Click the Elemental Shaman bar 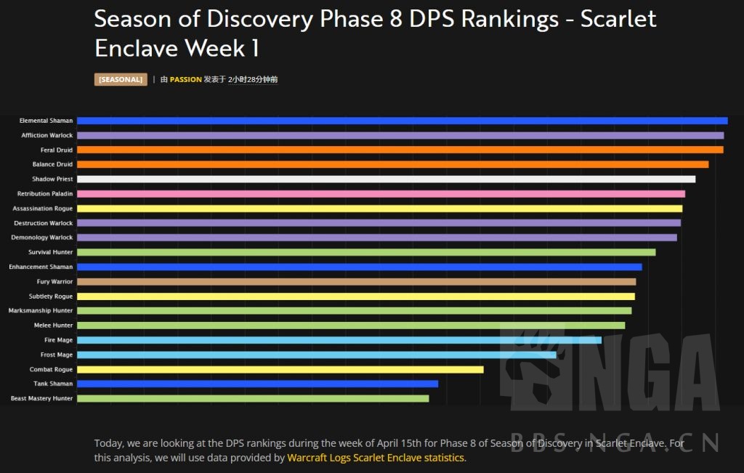click(x=402, y=121)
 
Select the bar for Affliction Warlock click(x=400, y=135)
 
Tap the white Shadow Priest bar click(x=386, y=179)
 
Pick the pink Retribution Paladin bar click(x=381, y=194)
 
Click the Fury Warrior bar click(x=356, y=281)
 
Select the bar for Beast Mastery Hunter click(x=253, y=398)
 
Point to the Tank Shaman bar click(x=257, y=384)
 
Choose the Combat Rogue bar click(x=280, y=369)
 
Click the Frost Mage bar click(x=316, y=355)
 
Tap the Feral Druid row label click(x=56, y=150)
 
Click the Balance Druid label click(x=52, y=164)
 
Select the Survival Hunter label click(x=50, y=252)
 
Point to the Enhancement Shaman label click(x=41, y=267)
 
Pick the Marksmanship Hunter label click(x=41, y=310)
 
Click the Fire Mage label click(x=58, y=340)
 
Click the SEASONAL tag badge click(x=121, y=79)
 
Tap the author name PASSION click(x=185, y=79)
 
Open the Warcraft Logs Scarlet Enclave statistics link click(x=375, y=458)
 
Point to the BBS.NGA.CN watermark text click(x=614, y=441)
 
